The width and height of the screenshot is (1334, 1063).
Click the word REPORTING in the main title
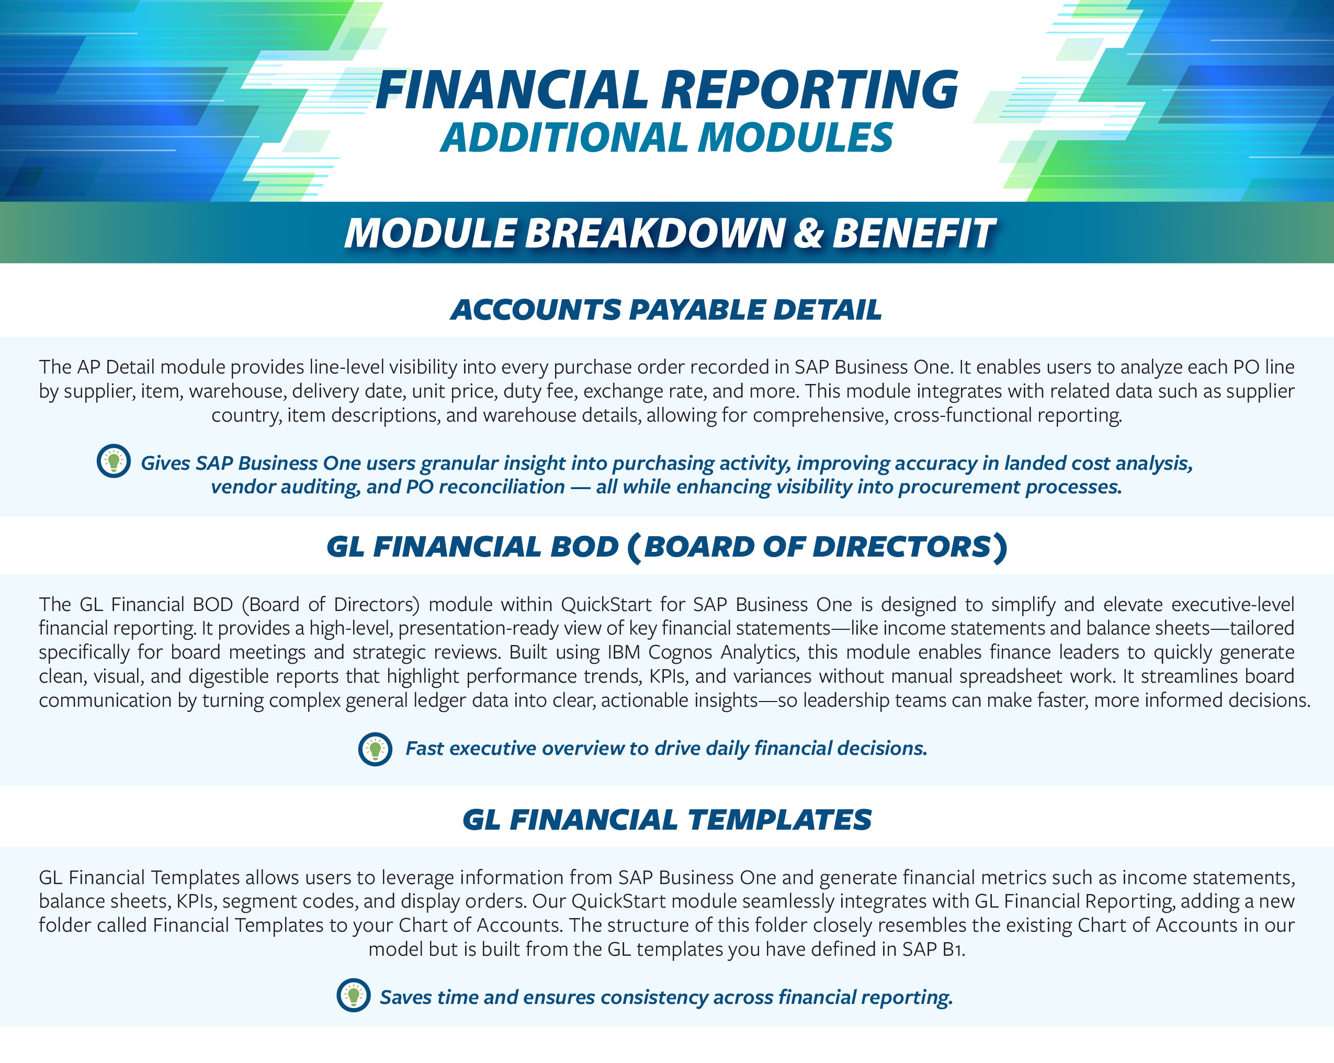810,91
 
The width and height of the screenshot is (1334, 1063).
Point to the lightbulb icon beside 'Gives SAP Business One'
114,461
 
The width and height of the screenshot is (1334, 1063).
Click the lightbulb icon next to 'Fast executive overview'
375,749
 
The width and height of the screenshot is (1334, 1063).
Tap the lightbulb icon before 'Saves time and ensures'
353,996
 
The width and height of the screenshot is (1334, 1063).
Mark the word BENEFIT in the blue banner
914,234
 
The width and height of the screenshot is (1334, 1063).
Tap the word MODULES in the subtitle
796,138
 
